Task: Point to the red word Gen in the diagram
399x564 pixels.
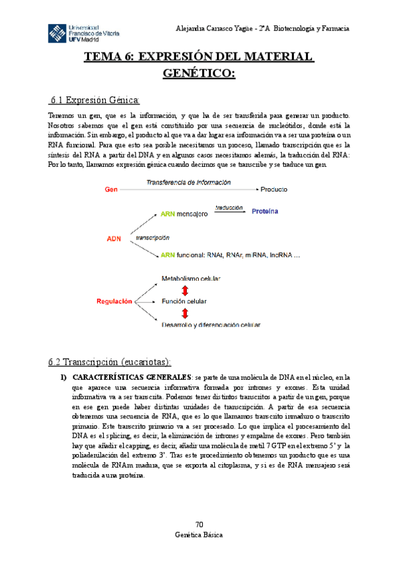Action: pyautogui.click(x=112, y=190)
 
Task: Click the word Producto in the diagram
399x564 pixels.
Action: pyautogui.click(x=274, y=190)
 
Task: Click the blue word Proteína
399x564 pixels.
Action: pyautogui.click(x=265, y=211)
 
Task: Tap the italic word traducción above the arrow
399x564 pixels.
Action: pyautogui.click(x=228, y=208)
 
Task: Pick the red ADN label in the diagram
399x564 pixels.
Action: pyautogui.click(x=114, y=237)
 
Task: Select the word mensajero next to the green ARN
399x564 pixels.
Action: pyautogui.click(x=193, y=214)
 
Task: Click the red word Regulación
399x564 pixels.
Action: pyautogui.click(x=114, y=301)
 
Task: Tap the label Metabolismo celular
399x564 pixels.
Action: pyautogui.click(x=192, y=278)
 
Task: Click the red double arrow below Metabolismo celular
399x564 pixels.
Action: pyautogui.click(x=185, y=290)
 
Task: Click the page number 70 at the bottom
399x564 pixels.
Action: pyautogui.click(x=199, y=524)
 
